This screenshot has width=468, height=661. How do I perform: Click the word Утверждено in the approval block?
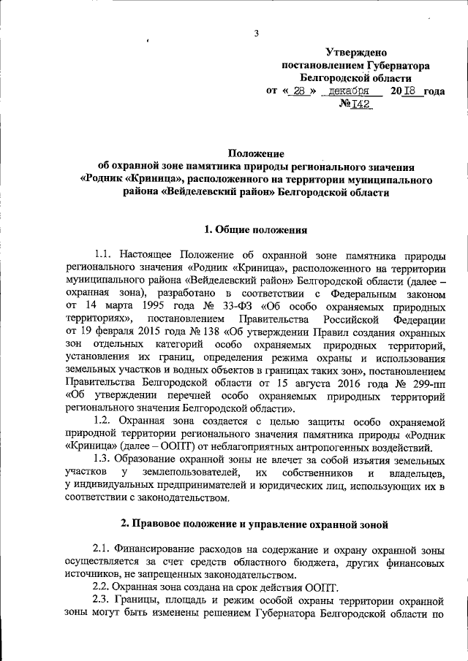point(356,52)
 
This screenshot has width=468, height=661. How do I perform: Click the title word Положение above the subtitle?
point(256,153)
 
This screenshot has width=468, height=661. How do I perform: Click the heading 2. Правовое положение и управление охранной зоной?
point(256,524)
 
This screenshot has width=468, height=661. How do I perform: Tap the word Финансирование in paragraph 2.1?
point(158,549)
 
